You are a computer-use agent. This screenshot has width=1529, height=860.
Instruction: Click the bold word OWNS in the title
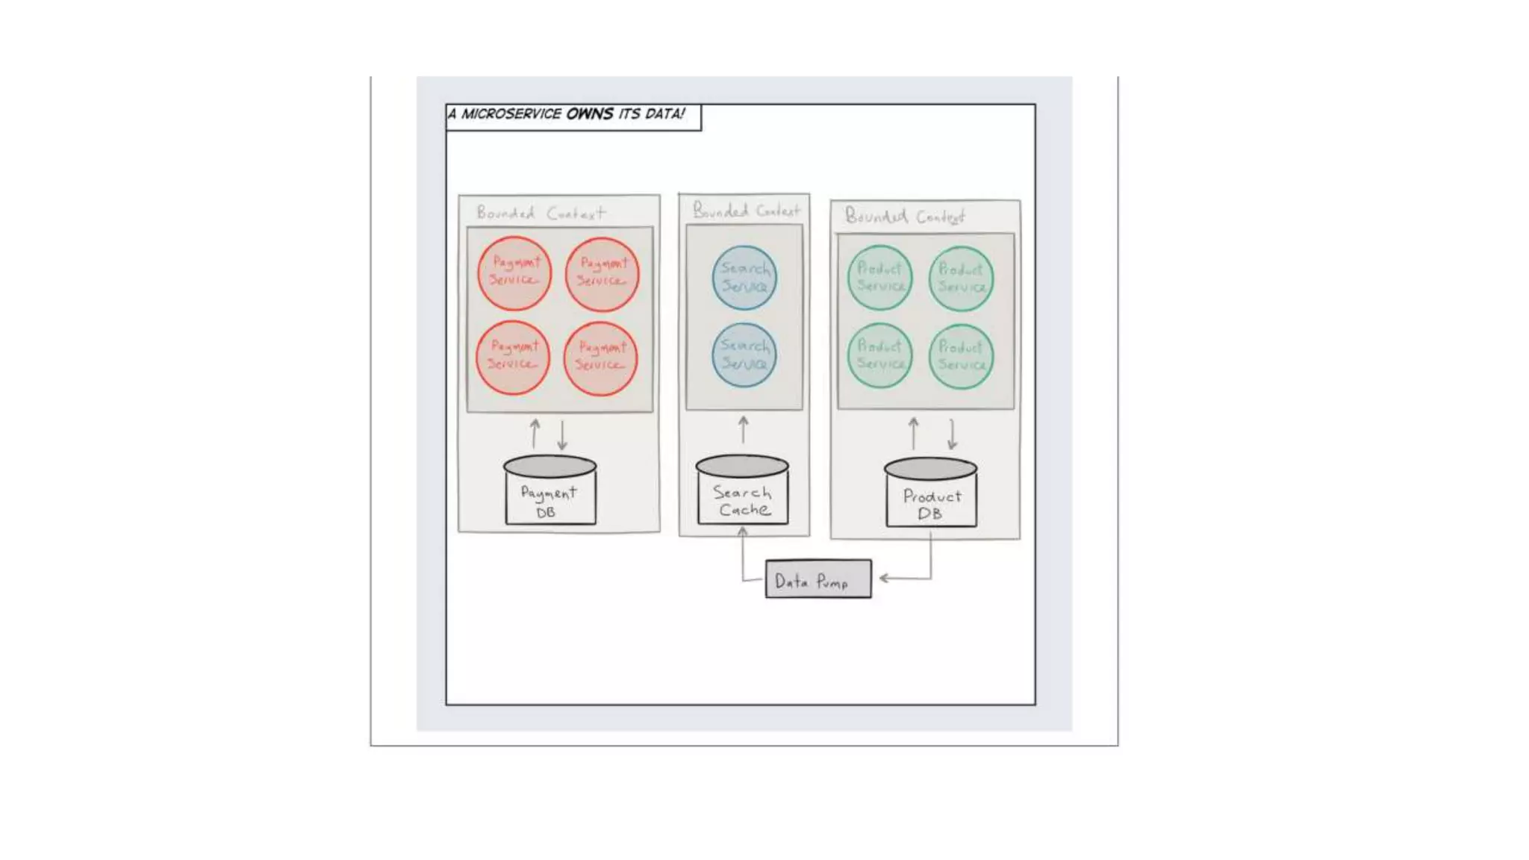coord(590,114)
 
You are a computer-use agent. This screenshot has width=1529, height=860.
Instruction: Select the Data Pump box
coord(818,579)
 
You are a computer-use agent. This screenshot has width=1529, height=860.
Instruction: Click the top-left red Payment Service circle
coord(514,273)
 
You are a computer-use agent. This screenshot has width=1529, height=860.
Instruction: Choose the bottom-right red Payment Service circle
coord(600,358)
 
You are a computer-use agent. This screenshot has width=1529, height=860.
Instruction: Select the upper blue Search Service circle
coord(744,278)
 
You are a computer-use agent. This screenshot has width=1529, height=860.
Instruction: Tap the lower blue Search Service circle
coord(744,355)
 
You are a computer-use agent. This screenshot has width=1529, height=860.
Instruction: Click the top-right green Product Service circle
coord(961,278)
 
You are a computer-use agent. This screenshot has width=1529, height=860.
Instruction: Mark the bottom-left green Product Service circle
coord(880,355)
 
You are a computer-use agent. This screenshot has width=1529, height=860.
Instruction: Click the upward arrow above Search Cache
coord(743,430)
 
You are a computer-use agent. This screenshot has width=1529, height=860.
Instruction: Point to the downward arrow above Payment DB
coord(562,434)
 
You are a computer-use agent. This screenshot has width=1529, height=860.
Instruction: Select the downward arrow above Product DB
coord(952,434)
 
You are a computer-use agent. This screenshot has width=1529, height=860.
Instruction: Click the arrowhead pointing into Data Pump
coord(884,578)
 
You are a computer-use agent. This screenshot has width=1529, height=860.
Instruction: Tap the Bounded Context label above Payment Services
coord(541,214)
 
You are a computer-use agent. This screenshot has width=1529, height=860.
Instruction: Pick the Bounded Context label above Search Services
coord(746,211)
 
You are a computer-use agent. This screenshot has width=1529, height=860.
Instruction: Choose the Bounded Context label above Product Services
coord(904,216)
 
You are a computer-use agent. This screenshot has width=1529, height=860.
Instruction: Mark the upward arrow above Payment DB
coord(535,433)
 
